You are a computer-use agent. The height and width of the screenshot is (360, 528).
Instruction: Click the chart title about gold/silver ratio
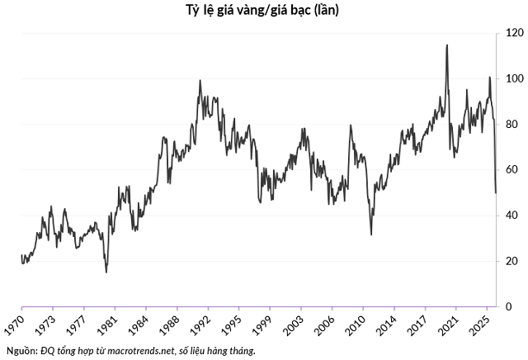point(263,11)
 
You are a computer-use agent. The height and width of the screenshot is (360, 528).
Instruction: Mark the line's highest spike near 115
point(447,45)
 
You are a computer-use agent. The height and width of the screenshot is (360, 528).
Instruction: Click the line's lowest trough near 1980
point(106,272)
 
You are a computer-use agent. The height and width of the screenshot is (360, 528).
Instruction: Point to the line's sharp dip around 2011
point(370,234)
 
